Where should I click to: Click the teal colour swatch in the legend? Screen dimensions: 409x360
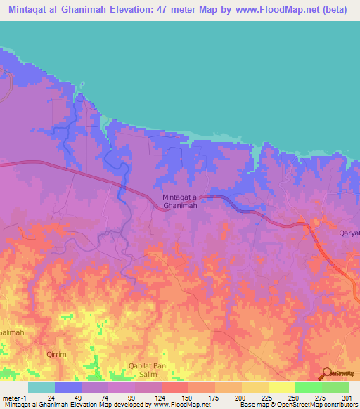41,387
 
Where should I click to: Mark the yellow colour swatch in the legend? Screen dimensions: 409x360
282,387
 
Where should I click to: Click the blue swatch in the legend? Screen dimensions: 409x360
68,387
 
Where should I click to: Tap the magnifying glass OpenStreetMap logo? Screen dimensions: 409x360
326,372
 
